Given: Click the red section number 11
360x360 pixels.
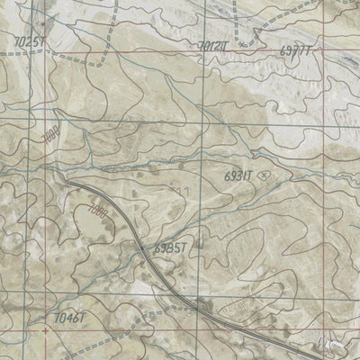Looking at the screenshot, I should [184, 192].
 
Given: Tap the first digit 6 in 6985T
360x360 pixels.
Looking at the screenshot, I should [155, 247].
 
